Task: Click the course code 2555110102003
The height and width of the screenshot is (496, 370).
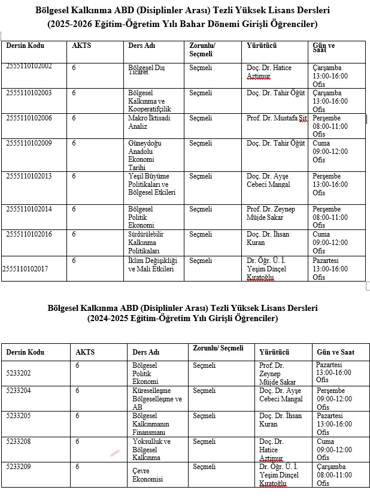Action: [29, 93]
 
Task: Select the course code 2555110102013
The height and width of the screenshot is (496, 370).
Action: [29, 176]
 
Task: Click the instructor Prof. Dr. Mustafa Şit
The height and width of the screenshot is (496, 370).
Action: [277, 118]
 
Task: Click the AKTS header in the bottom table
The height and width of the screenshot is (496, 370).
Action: [85, 352]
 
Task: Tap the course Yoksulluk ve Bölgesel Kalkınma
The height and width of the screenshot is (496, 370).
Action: [151, 449]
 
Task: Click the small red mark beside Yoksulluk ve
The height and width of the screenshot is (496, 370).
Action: [115, 453]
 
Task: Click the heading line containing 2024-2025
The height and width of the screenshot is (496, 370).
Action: [183, 318]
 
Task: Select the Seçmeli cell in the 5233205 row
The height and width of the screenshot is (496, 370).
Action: [204, 416]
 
